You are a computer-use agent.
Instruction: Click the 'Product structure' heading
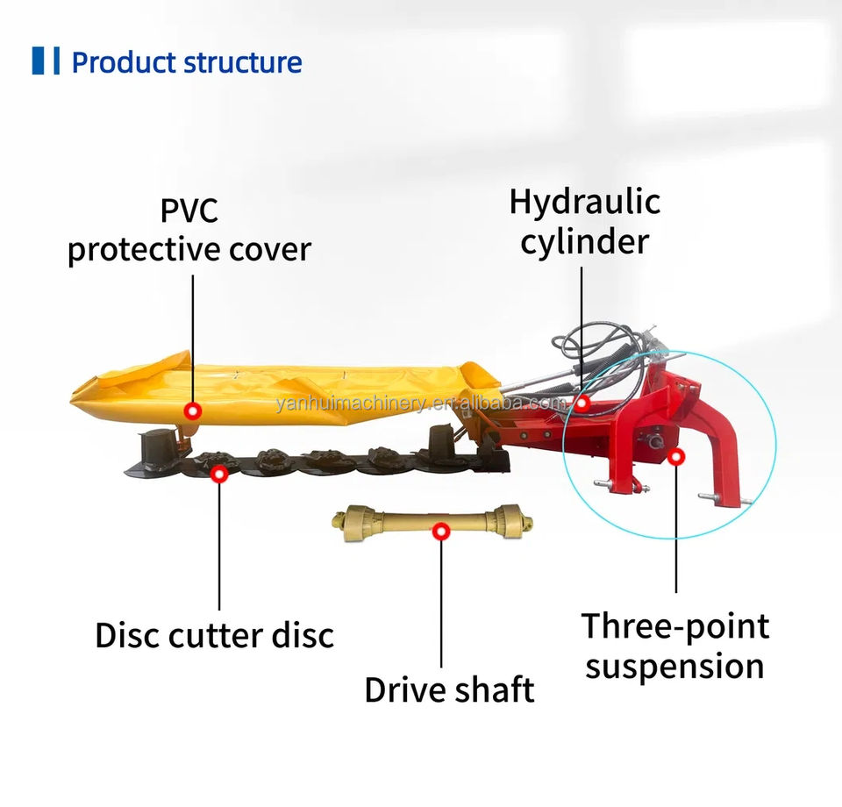click(x=186, y=63)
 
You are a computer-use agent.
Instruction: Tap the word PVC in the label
click(x=189, y=211)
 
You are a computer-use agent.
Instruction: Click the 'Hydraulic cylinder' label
click(x=584, y=221)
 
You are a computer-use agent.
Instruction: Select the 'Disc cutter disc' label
click(x=214, y=635)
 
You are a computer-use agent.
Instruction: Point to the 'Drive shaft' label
click(x=449, y=689)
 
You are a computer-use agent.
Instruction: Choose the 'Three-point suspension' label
click(x=674, y=646)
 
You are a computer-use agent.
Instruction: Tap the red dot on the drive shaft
click(x=442, y=529)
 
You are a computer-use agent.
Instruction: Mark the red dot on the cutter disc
click(x=219, y=474)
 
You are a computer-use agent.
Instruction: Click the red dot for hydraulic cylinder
click(x=582, y=403)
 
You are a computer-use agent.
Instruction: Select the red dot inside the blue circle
click(x=675, y=455)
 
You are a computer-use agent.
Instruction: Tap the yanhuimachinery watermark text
click(x=421, y=403)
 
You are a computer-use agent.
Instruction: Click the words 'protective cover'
click(x=189, y=250)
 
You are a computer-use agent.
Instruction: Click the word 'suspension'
click(x=674, y=667)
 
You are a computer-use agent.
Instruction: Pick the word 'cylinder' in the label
click(x=584, y=241)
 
